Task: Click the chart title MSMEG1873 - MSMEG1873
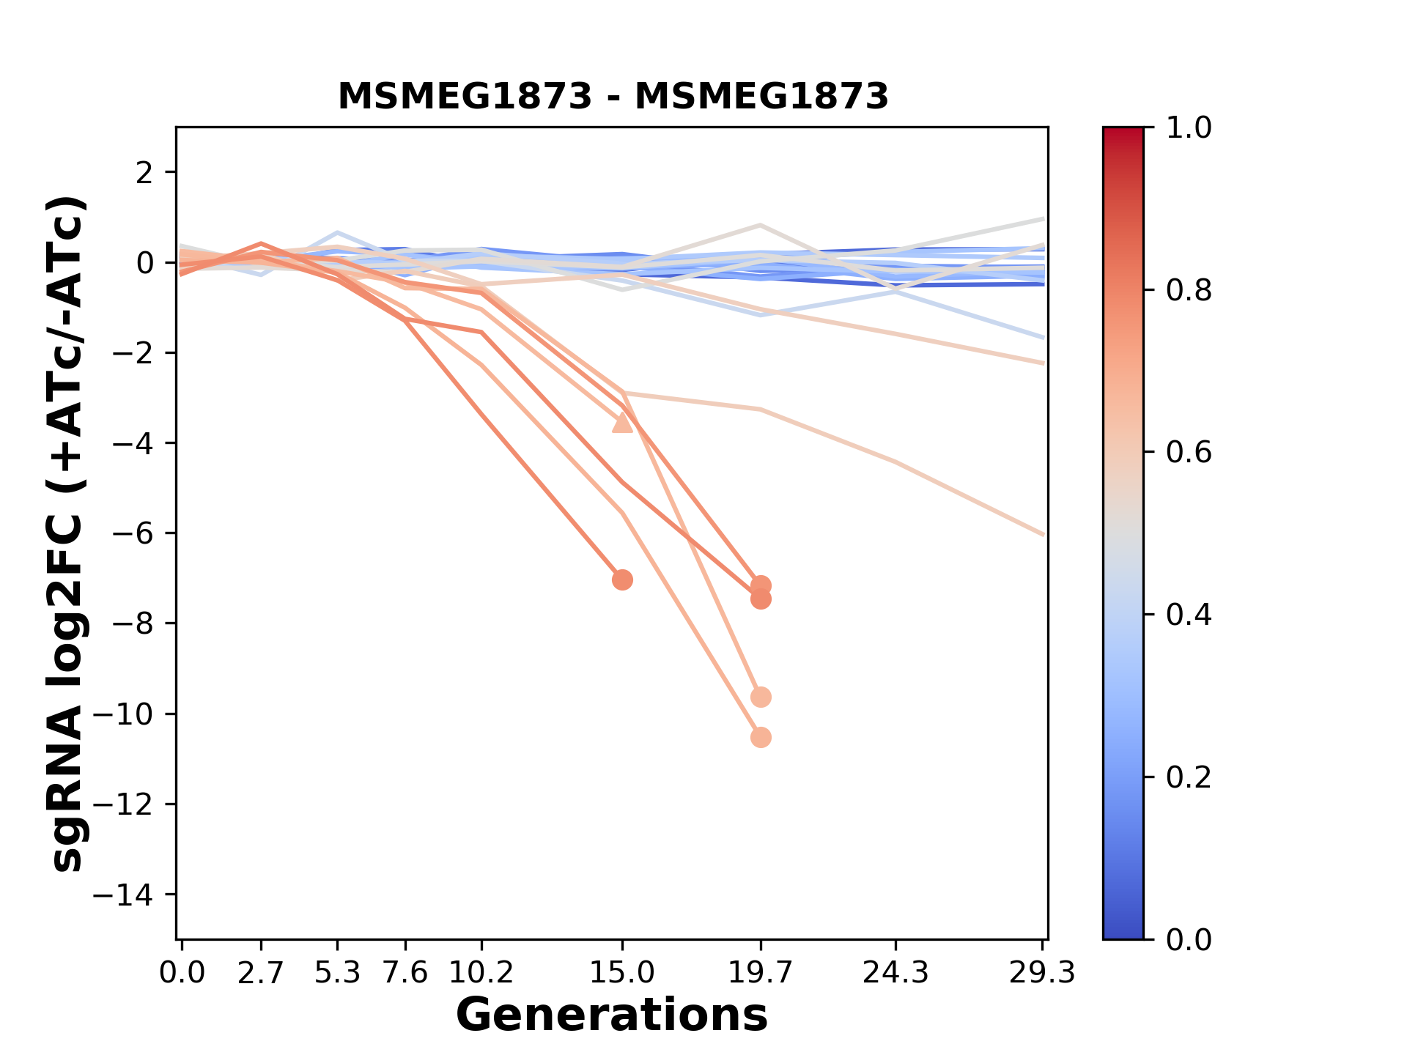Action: [x=613, y=97]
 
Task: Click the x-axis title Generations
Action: [x=612, y=1015]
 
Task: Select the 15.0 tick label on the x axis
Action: [x=622, y=973]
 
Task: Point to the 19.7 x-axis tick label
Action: [x=761, y=973]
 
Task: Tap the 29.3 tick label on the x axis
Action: [x=1042, y=973]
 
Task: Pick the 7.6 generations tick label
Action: [x=405, y=973]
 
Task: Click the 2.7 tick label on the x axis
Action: [x=261, y=973]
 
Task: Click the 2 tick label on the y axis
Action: [x=145, y=173]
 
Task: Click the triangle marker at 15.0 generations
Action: [x=622, y=423]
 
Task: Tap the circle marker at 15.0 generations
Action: [x=622, y=580]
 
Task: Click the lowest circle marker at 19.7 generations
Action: [x=761, y=737]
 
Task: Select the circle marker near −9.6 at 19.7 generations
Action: [x=761, y=697]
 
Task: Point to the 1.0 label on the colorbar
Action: [x=1189, y=128]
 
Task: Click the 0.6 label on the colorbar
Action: [x=1189, y=453]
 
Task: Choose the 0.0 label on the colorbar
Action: [x=1189, y=939]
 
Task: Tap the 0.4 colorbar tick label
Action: [x=1189, y=615]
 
